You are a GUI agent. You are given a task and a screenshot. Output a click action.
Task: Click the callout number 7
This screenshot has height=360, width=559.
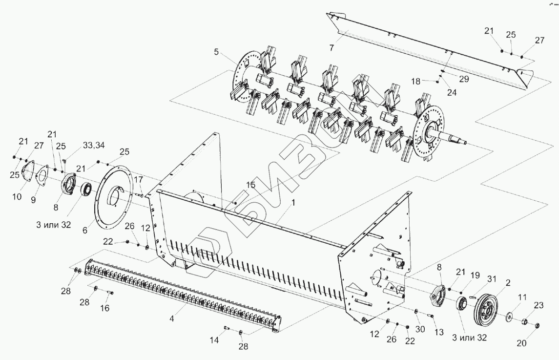tap(331, 48)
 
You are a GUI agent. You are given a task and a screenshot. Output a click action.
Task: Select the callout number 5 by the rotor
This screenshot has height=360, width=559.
tap(216, 51)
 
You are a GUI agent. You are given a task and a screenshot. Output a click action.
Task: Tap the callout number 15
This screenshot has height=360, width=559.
tap(250, 185)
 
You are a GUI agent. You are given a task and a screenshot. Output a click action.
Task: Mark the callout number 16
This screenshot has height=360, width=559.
tap(105, 308)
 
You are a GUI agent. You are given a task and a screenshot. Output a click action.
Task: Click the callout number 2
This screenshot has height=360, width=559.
tap(508, 283)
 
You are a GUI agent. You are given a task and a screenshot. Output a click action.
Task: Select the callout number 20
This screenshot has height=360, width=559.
tap(522, 343)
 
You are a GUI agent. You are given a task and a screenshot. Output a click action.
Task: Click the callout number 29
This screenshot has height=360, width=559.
tap(463, 79)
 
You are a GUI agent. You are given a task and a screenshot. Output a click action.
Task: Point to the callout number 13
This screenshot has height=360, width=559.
tap(439, 332)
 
